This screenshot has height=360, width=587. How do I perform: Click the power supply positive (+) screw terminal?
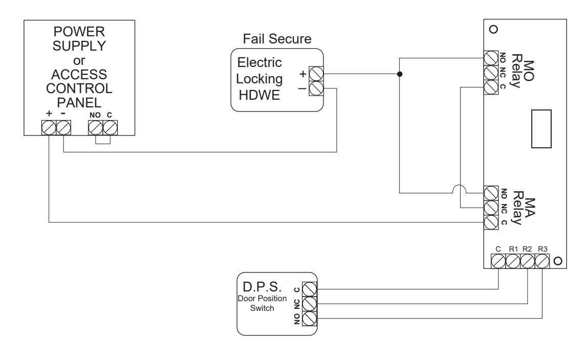click(x=49, y=128)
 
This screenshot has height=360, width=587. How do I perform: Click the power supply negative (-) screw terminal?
click(x=63, y=128)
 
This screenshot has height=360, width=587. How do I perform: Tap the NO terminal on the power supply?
click(x=96, y=128)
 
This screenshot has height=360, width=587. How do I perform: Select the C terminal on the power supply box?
click(x=110, y=128)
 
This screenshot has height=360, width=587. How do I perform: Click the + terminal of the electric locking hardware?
click(x=316, y=74)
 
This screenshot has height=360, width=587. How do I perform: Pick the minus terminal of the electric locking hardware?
click(x=316, y=88)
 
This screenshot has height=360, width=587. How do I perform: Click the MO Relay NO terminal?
click(x=491, y=58)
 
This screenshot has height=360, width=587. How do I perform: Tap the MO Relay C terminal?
click(x=491, y=87)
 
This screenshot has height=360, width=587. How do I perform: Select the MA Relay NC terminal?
click(x=491, y=208)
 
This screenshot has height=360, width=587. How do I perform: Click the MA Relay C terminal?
click(x=491, y=222)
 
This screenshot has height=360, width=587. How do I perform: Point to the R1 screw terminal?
click(x=513, y=261)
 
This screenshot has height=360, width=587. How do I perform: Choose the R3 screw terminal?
click(x=542, y=261)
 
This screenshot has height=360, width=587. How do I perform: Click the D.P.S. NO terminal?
click(x=309, y=319)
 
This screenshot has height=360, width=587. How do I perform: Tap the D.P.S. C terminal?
click(x=309, y=289)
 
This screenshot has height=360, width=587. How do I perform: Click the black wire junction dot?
click(x=400, y=74)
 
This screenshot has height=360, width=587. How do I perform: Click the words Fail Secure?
click(x=277, y=39)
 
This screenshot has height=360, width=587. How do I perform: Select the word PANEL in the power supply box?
click(x=79, y=103)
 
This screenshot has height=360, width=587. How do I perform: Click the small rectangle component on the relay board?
click(x=541, y=129)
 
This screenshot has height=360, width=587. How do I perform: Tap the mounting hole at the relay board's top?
click(x=494, y=29)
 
